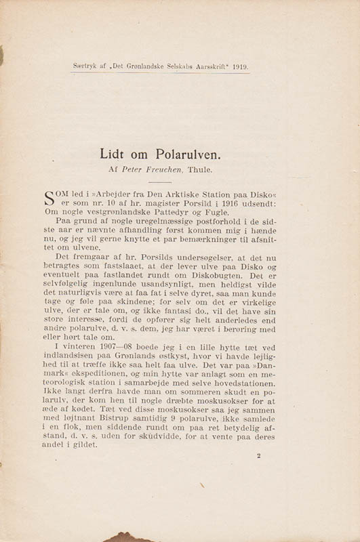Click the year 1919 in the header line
258,68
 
